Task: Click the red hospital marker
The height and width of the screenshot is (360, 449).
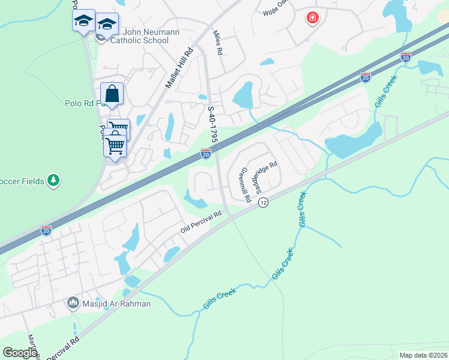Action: pos(312,18)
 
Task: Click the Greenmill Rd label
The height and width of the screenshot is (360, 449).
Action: pos(244,185)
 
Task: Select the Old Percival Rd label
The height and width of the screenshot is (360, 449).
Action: pos(201,221)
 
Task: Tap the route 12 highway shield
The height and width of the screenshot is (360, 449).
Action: pos(263,203)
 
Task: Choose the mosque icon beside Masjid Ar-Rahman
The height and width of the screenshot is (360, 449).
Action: pos(74,303)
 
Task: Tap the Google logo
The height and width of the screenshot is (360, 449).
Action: pos(20,352)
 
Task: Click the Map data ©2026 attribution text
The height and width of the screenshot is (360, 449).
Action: pos(423,355)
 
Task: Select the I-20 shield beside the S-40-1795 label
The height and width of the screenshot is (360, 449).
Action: pos(206,154)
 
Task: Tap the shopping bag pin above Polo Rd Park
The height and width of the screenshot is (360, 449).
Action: pos(112,94)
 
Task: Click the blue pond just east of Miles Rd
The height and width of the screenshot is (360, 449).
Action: pos(243,94)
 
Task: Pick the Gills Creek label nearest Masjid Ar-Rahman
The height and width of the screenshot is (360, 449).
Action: pos(220,298)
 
